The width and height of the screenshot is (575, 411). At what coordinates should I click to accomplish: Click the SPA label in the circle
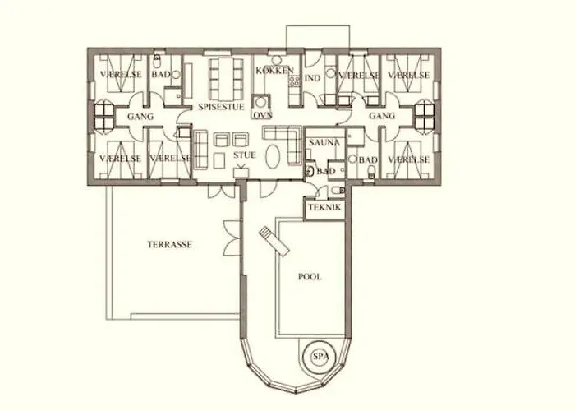tap(320, 356)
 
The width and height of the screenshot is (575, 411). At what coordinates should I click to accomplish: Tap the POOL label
tap(310, 277)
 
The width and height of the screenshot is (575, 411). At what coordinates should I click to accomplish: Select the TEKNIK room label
tap(325, 207)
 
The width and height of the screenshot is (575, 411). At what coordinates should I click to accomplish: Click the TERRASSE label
tap(170, 245)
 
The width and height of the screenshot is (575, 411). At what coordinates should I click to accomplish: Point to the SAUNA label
tap(324, 142)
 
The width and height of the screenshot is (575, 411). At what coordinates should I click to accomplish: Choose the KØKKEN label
tap(275, 71)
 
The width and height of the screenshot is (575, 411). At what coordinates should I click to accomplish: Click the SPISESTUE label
tap(221, 107)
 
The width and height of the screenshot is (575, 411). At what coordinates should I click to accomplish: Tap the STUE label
tap(245, 155)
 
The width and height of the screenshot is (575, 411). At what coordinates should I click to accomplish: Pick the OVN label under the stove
tap(263, 115)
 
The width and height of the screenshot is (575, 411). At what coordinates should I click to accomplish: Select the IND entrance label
tap(313, 78)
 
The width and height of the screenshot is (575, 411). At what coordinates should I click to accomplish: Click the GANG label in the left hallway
tap(140, 117)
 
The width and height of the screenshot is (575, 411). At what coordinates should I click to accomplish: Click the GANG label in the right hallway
tap(382, 116)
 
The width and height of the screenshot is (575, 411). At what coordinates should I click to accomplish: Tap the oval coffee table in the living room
tap(274, 157)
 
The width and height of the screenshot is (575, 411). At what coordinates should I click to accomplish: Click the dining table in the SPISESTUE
tap(226, 79)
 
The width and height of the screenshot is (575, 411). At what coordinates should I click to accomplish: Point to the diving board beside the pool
tap(274, 241)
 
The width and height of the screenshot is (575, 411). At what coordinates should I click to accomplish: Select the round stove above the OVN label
tap(261, 102)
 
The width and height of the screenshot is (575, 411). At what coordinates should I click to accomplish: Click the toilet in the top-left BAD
tap(158, 62)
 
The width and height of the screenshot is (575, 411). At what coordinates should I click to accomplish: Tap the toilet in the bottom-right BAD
tap(372, 171)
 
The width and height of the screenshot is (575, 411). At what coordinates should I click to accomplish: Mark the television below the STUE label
tap(241, 172)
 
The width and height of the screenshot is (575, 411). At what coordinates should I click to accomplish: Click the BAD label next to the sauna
tap(326, 171)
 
